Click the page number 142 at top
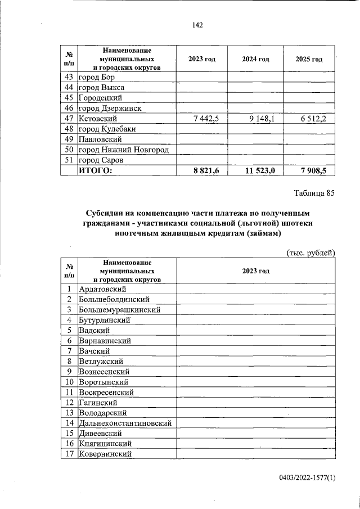[x=197, y=25]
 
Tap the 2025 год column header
[x=309, y=59]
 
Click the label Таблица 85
[x=314, y=193]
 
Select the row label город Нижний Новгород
[x=124, y=150]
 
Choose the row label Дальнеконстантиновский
[x=125, y=423]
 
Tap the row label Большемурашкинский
[x=120, y=310]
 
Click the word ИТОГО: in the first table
[x=96, y=170]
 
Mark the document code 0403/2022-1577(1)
[x=307, y=478]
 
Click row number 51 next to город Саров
[x=69, y=160]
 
